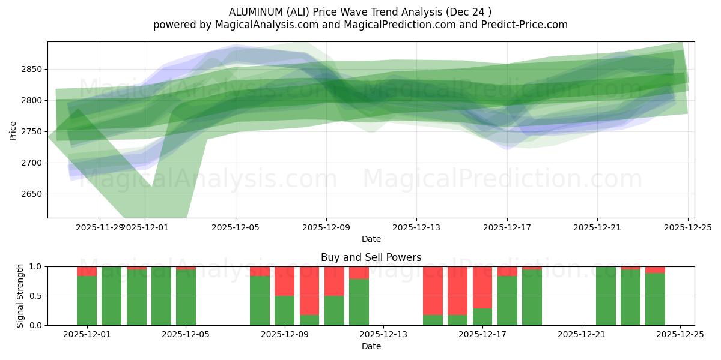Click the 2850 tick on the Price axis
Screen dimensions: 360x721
click(31, 69)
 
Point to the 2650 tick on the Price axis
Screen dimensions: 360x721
click(31, 194)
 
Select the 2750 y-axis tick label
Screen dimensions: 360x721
click(31, 131)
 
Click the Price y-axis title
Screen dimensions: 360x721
click(13, 130)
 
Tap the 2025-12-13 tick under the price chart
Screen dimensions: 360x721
click(416, 227)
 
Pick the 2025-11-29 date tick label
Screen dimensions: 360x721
click(99, 227)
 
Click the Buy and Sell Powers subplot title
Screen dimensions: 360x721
click(371, 257)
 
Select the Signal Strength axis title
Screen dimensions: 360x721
click(20, 296)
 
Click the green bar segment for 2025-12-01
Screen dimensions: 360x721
click(87, 300)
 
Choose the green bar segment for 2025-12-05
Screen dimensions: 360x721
click(186, 297)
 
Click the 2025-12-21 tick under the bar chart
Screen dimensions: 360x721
click(582, 335)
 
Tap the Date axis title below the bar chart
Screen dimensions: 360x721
click(371, 346)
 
